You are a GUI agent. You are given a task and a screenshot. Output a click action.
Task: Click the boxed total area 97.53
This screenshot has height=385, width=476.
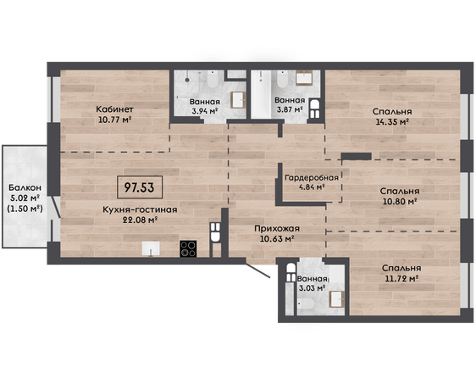pos(140,187)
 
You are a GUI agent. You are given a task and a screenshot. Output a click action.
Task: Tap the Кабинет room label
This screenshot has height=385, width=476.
pos(114,109)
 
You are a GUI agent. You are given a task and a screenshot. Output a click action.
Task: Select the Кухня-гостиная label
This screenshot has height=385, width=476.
pos(140,209)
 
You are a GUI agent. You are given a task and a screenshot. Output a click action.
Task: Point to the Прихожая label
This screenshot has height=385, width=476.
pos(277,228)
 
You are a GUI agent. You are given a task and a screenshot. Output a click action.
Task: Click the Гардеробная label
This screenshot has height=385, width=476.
pos(312,177)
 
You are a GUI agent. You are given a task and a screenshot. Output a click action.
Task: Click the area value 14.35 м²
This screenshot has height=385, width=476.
pos(392,122)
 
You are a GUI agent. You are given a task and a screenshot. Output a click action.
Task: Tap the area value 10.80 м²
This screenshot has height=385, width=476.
pos(399,201)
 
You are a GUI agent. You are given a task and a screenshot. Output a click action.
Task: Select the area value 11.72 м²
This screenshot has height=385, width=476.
pos(401,278)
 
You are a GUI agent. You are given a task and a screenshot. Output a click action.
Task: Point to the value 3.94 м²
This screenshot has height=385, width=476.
pos(205,111)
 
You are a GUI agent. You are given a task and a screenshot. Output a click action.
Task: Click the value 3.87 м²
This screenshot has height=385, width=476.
pos(290,109)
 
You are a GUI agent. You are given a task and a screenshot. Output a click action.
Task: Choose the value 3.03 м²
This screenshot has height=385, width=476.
pos(313,287)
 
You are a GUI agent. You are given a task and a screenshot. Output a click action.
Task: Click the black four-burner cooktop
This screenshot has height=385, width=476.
pos(188,248)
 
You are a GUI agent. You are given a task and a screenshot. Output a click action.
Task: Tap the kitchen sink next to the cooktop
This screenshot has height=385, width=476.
pos(151,248)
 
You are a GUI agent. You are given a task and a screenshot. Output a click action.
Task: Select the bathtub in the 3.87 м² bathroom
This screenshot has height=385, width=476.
pos(261,94)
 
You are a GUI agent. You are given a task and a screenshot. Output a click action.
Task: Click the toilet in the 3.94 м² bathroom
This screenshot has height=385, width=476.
pos(213,79)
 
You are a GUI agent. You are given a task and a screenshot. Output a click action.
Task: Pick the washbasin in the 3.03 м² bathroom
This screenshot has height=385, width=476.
pos(336,299)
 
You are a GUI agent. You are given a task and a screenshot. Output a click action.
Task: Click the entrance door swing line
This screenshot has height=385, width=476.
pos(257,271)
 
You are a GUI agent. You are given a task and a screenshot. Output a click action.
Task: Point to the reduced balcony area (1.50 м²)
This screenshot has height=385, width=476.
pos(25,209)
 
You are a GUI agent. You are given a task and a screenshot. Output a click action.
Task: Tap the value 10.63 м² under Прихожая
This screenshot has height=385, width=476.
pos(277,239)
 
